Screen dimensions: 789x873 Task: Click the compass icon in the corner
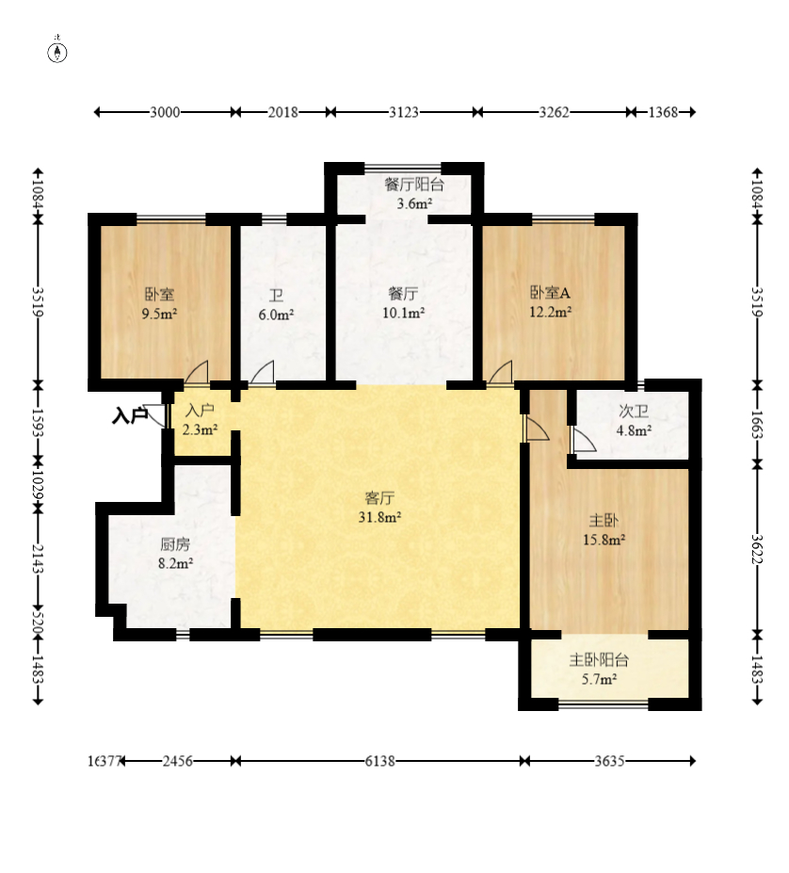[x=57, y=51]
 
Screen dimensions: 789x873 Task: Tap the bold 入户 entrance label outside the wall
[x=130, y=415]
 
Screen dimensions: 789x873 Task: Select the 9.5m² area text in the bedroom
[x=159, y=314]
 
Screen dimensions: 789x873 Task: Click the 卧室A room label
[x=550, y=292]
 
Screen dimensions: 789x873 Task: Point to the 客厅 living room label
[x=379, y=497]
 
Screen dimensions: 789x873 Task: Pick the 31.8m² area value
[x=379, y=517]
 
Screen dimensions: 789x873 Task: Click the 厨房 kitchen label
[x=175, y=544]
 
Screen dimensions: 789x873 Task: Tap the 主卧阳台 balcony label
[x=599, y=660]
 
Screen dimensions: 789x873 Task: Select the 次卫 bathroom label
[x=634, y=412]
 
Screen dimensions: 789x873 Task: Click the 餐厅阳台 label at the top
[x=414, y=185]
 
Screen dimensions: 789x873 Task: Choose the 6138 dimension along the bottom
[x=380, y=761]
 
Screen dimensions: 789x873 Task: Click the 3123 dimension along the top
[x=404, y=112]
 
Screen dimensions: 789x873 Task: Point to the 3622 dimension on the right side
[x=757, y=549]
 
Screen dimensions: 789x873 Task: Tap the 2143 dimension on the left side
[x=38, y=558]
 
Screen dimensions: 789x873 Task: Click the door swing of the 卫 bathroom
[x=263, y=372]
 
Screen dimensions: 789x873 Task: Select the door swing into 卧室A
[x=501, y=372]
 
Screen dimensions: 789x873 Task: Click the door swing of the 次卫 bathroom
[x=584, y=439]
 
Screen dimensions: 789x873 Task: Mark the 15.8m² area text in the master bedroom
[x=604, y=540]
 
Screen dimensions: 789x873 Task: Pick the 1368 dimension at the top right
[x=663, y=112]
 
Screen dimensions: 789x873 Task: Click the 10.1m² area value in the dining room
[x=404, y=313]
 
